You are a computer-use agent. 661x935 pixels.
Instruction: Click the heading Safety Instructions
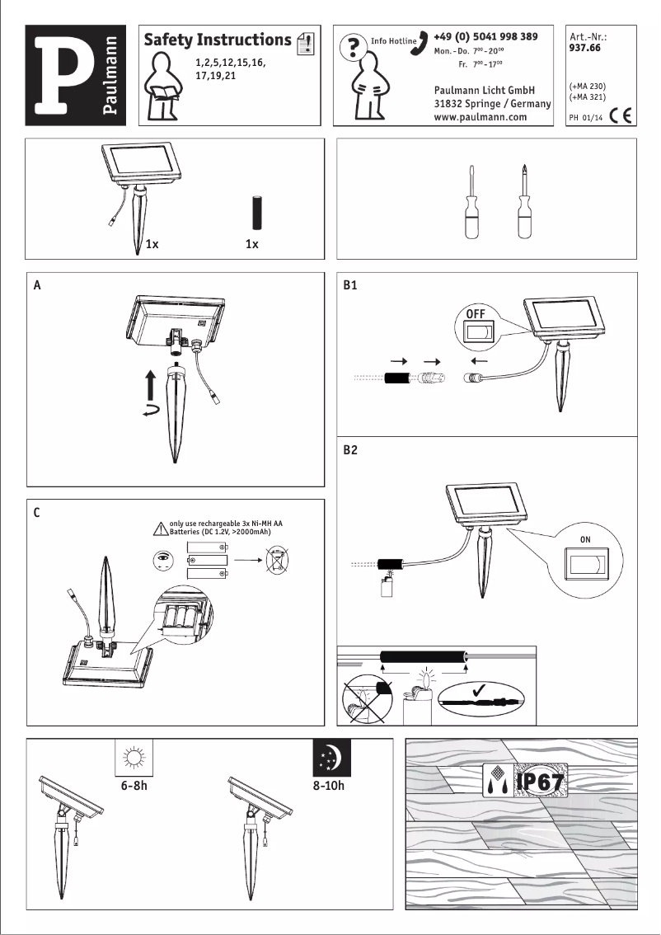click(218, 40)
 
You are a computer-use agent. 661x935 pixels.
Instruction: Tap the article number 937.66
click(584, 48)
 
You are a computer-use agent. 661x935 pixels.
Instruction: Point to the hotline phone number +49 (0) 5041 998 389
click(485, 36)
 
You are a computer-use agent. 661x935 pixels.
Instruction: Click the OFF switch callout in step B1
click(479, 327)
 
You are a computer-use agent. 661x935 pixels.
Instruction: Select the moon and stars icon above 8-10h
click(331, 758)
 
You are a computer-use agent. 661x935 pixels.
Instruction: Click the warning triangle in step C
click(160, 529)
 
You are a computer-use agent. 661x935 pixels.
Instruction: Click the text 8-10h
click(328, 786)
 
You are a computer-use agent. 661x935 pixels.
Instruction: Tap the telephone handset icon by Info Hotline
click(422, 38)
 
